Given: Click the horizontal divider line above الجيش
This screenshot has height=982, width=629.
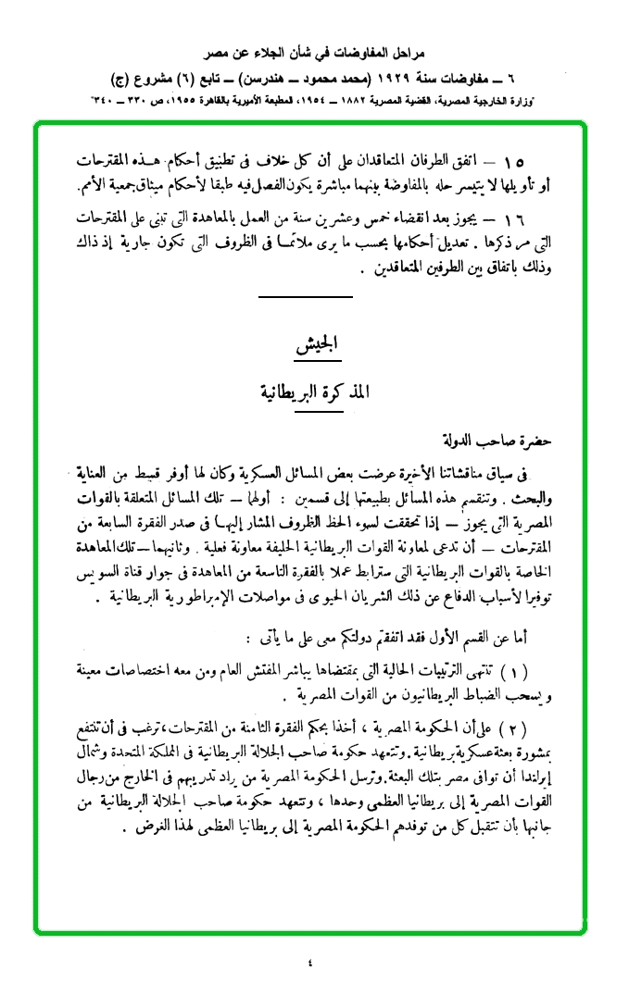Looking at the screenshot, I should [307, 296].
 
